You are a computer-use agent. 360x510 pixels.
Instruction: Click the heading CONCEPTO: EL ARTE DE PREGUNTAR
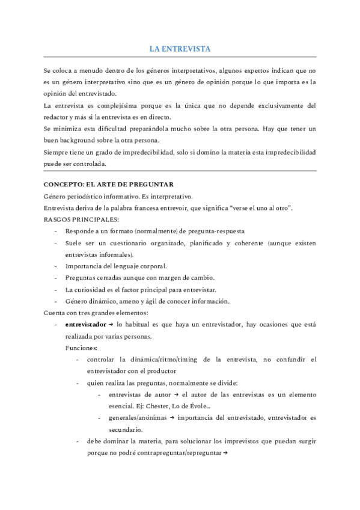pos(108,184)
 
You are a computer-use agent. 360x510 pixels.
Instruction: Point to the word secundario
pos(126,429)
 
